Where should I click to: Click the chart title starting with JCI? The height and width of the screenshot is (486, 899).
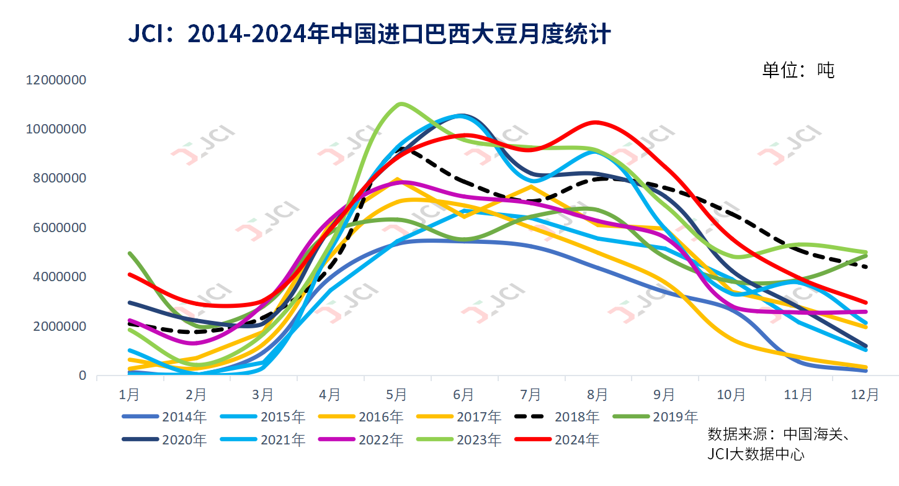point(369,34)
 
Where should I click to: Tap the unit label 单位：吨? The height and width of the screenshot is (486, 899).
point(798,70)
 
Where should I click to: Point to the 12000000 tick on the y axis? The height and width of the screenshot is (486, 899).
point(55,80)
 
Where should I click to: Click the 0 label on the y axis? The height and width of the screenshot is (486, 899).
point(83,376)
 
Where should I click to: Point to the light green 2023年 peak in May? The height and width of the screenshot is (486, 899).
point(401,103)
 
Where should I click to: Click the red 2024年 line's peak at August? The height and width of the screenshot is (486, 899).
point(596,122)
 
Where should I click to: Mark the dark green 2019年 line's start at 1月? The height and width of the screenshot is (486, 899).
point(129,253)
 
